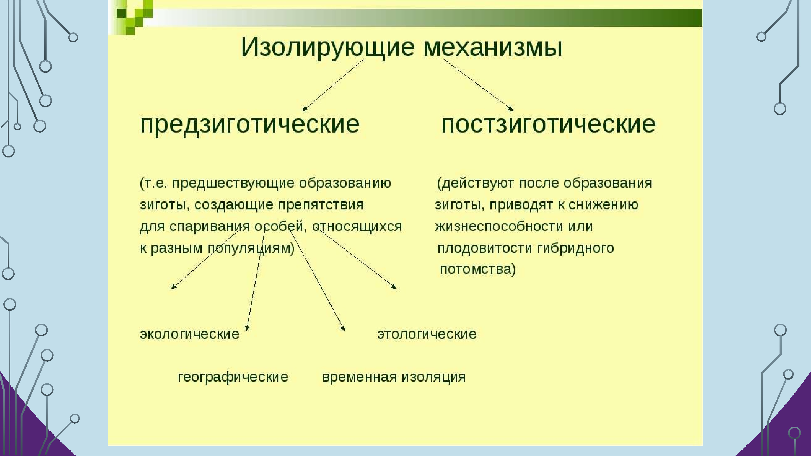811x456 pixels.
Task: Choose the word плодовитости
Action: tap(485, 248)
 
